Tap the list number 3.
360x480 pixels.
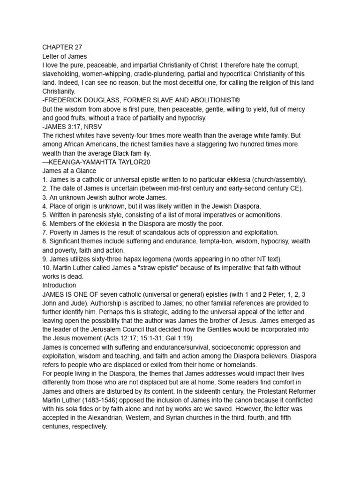coord(45,197)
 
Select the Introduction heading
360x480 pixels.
coord(59,285)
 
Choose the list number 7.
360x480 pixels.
coord(45,232)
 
